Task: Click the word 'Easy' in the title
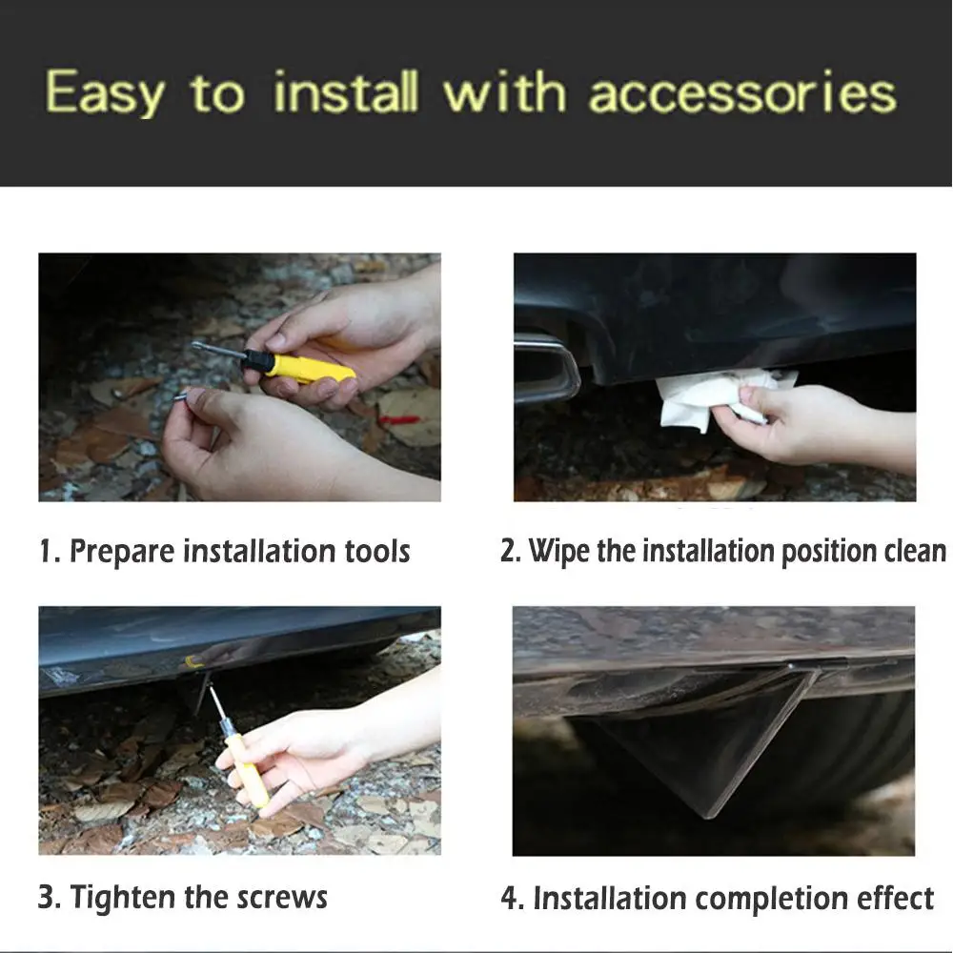(x=105, y=94)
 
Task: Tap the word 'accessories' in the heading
(x=742, y=92)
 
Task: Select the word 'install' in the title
(x=345, y=92)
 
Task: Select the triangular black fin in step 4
(x=705, y=743)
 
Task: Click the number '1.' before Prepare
(x=50, y=551)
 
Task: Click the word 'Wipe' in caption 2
(x=558, y=552)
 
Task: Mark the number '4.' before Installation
(x=513, y=899)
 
